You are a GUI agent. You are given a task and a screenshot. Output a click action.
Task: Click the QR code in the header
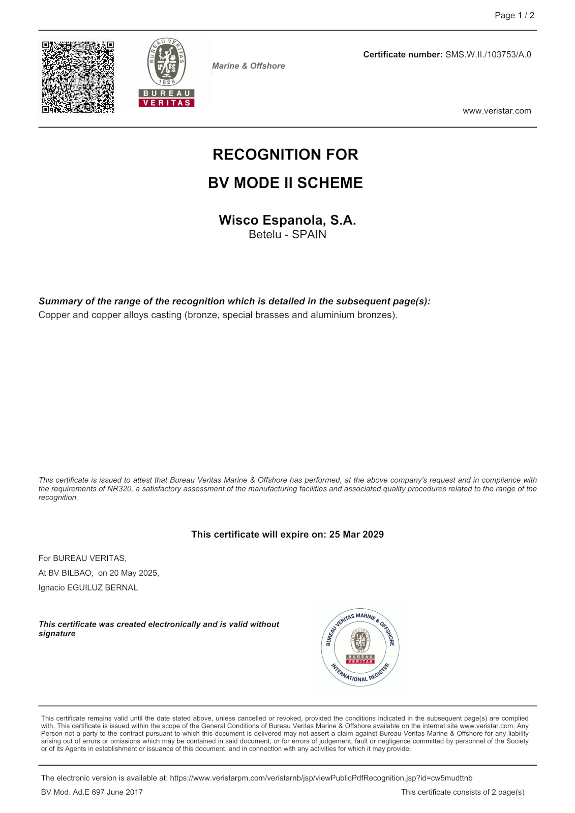click(x=78, y=77)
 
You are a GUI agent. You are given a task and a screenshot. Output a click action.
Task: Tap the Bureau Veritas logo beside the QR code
click(x=167, y=72)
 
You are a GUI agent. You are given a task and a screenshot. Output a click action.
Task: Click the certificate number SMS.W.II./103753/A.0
click(x=488, y=54)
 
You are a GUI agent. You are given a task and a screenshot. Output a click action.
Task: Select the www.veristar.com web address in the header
click(x=497, y=111)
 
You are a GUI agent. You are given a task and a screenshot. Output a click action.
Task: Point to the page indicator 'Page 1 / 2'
click(x=515, y=15)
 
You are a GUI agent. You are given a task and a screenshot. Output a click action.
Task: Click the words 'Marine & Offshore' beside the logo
click(x=249, y=66)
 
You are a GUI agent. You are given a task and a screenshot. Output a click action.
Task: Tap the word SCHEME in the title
click(x=330, y=183)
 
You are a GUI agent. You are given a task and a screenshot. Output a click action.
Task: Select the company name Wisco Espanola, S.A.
click(x=287, y=220)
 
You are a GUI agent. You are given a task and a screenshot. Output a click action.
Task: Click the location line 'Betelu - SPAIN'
click(x=287, y=235)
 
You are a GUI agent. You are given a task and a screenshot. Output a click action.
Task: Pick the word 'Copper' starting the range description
click(x=54, y=315)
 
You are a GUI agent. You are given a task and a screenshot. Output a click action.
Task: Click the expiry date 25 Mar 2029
click(x=356, y=535)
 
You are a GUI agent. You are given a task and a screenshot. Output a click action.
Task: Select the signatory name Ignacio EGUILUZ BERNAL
click(x=88, y=588)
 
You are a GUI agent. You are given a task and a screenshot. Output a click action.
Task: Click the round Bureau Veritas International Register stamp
click(x=360, y=647)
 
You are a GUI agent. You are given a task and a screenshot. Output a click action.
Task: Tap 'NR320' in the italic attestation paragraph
click(x=120, y=489)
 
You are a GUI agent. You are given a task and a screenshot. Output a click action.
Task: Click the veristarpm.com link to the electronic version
click(x=321, y=778)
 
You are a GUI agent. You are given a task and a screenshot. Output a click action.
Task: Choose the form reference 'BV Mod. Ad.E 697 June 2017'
click(x=92, y=792)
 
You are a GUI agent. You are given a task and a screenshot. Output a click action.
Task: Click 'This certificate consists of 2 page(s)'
click(x=463, y=792)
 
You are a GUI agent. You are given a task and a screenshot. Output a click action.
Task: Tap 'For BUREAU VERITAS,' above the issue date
click(x=82, y=558)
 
